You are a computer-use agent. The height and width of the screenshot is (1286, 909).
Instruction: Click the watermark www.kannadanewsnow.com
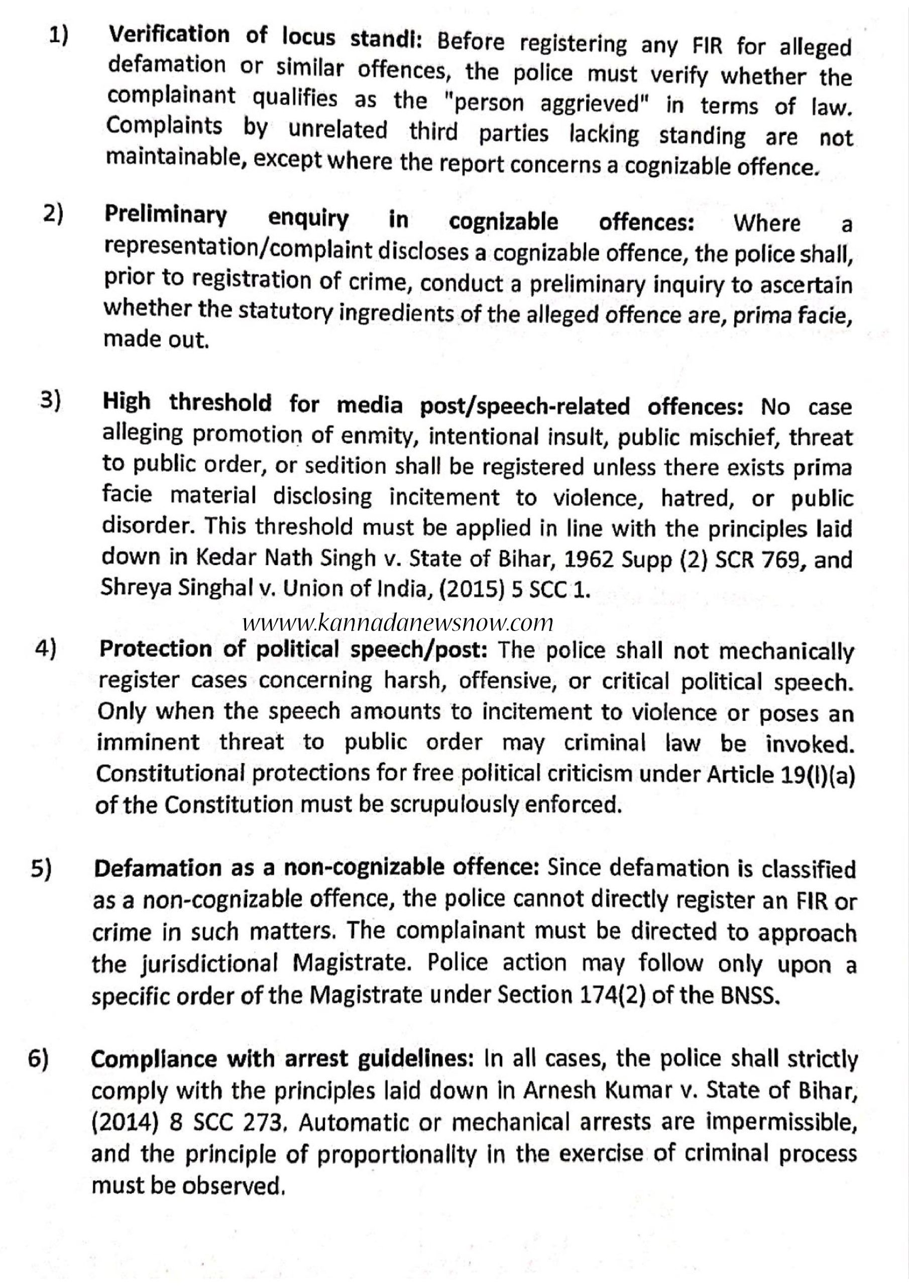(399, 622)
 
